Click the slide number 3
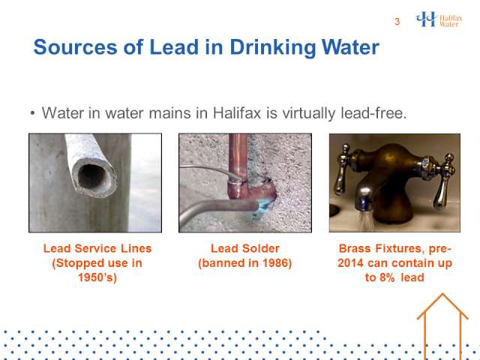click(397, 22)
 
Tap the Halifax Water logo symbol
click(426, 19)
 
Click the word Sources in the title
click(75, 47)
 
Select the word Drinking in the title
click(273, 48)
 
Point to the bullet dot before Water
click(33, 113)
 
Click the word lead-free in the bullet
click(373, 113)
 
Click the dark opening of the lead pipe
click(91, 176)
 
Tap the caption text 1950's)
click(97, 277)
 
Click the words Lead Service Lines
click(97, 248)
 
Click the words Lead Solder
click(245, 248)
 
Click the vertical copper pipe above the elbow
click(238, 157)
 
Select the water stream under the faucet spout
click(366, 221)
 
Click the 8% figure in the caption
click(387, 277)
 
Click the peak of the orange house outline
click(442, 294)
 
